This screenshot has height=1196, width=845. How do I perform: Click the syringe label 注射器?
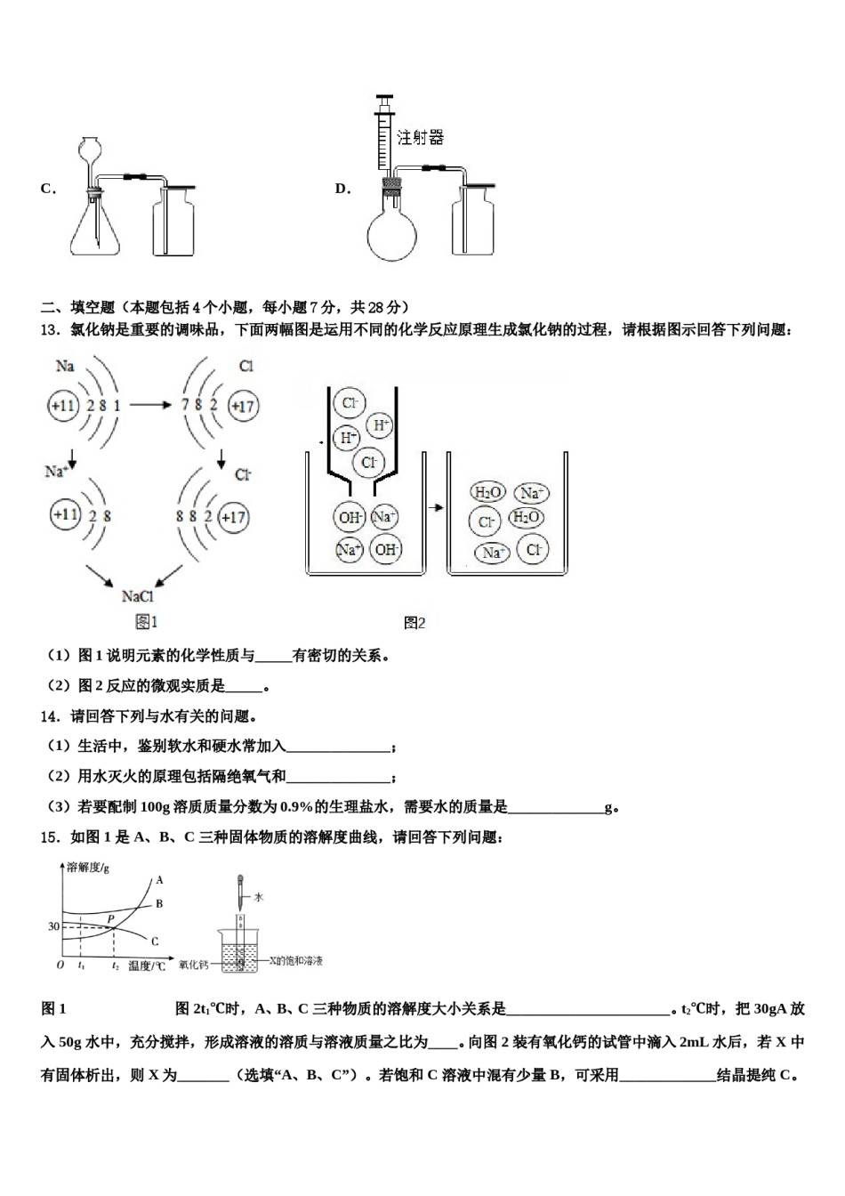pos(420,137)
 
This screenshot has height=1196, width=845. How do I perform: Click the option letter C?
pos(47,189)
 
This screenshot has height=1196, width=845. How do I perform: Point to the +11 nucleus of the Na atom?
pos(63,406)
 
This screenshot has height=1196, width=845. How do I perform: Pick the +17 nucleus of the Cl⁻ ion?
pos(233,517)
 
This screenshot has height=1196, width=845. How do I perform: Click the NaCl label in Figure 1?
pos(138,596)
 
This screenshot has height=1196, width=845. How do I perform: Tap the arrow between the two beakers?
pos(436,507)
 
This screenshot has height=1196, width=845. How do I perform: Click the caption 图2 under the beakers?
pos(414,623)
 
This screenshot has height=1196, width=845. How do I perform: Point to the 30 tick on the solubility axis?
pos(53,926)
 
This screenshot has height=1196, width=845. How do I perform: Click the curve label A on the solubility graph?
pos(159,880)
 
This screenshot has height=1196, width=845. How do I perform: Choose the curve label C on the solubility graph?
pos(155,941)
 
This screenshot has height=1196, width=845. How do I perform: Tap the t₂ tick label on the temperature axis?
pos(116,966)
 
